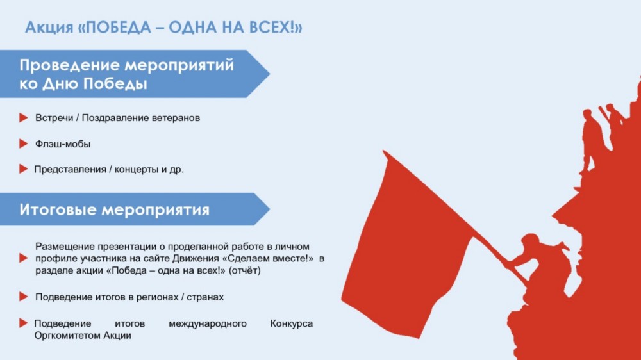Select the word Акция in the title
[x=49, y=28]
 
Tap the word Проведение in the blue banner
[x=69, y=65]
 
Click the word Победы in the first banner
[x=115, y=84]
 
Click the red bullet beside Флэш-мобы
[x=23, y=144]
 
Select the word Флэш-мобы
[x=63, y=144]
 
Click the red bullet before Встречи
[x=23, y=118]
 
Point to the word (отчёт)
[x=244, y=270]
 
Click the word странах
[x=205, y=297]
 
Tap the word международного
[x=208, y=323]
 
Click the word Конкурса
[x=292, y=323]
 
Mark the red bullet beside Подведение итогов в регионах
[x=23, y=297]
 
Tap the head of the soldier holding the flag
[x=530, y=240]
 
